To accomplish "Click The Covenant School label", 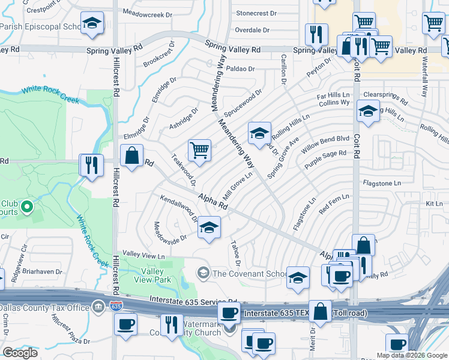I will (x=249, y=274).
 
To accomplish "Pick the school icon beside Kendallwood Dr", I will (x=209, y=228).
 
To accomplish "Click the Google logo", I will (x=20, y=353).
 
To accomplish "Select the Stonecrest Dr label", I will (x=257, y=13).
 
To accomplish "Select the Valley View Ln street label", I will (x=143, y=256).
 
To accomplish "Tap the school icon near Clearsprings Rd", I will (x=368, y=111).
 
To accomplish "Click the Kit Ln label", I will (x=434, y=204).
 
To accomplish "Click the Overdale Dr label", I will (x=253, y=30).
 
